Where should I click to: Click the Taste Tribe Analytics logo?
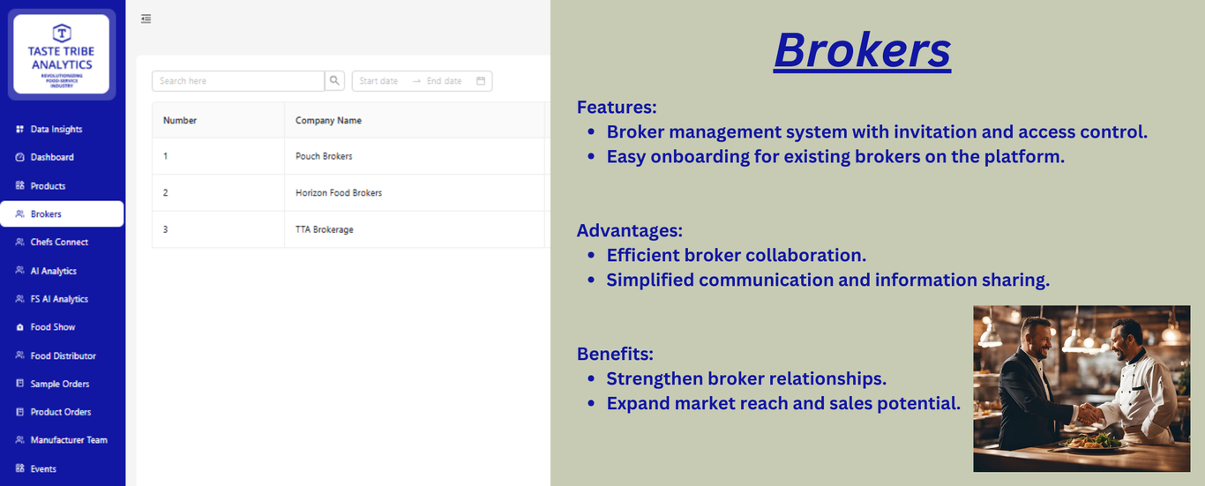coord(62,55)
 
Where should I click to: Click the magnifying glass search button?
coord(334,80)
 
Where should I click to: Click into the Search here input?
coord(238,80)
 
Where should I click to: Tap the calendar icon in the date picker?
coord(481,80)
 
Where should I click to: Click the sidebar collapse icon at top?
coord(146,19)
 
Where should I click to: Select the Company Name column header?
coord(328,121)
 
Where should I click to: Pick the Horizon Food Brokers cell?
coord(339,192)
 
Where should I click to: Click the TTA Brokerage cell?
coord(325,229)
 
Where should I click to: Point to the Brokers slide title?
coord(863,50)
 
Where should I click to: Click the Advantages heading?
coord(629,230)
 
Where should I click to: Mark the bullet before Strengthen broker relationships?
coord(591,378)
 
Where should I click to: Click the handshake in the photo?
coord(1089,414)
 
